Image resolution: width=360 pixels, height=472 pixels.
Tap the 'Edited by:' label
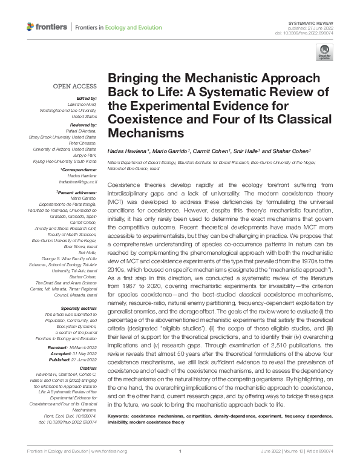pyautogui.click(x=85, y=98)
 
